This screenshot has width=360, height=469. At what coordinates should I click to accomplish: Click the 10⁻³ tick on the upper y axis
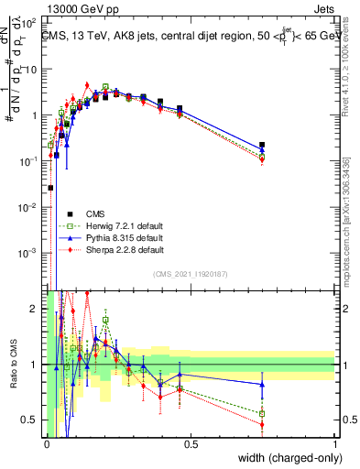31,252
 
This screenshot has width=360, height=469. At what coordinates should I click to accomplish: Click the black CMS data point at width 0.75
263,145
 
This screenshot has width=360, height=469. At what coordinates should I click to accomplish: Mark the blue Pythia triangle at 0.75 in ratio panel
263,384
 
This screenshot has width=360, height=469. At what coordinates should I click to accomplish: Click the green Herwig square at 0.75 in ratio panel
263,413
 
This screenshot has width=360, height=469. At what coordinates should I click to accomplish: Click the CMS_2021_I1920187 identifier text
191,274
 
